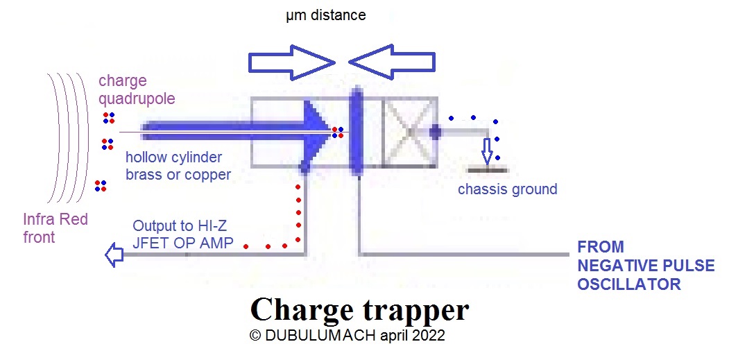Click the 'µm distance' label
(x=326, y=15)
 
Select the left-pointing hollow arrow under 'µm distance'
(x=391, y=62)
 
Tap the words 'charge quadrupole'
(x=137, y=89)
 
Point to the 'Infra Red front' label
(x=55, y=228)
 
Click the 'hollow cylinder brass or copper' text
(x=178, y=166)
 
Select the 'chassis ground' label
(x=507, y=189)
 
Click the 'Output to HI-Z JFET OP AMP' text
(x=182, y=234)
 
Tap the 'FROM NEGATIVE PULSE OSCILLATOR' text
(x=646, y=265)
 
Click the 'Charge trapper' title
(x=360, y=309)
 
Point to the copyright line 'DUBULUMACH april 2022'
(x=347, y=335)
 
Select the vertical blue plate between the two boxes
(x=356, y=132)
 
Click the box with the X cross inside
(x=410, y=132)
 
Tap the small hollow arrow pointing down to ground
(x=487, y=151)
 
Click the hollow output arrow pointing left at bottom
(x=114, y=255)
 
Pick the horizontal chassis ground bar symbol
(x=487, y=170)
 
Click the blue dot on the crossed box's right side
(x=435, y=132)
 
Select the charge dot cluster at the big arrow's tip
(x=338, y=132)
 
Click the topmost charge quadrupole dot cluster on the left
(x=109, y=118)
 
